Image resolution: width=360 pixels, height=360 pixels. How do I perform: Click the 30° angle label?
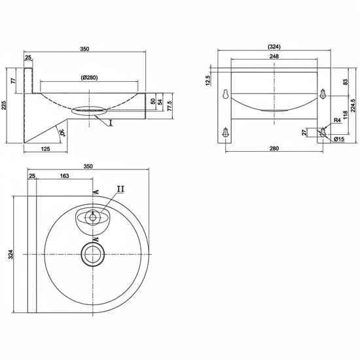tap(62, 133)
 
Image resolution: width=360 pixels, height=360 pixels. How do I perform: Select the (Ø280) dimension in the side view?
tap(89, 78)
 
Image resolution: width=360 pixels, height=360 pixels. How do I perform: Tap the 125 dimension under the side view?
tap(45, 149)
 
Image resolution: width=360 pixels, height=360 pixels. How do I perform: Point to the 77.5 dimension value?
tap(170, 106)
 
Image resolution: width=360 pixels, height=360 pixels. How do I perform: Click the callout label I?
tap(111, 123)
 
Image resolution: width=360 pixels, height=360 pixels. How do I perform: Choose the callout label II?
tap(121, 189)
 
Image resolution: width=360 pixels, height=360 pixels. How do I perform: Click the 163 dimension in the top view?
tap(65, 176)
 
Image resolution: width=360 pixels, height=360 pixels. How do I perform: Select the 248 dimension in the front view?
tap(274, 56)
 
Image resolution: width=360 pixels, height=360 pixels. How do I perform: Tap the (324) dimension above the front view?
tap(274, 47)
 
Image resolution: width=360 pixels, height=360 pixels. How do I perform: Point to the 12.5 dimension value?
tap(208, 81)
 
